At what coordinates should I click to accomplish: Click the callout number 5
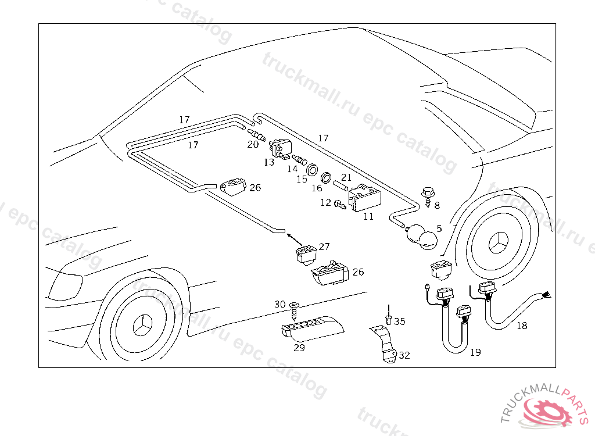pos(439,229)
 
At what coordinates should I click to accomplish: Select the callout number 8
pos(437,205)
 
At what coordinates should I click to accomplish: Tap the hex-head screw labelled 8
pos(427,192)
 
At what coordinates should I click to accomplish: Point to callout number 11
pos(368,217)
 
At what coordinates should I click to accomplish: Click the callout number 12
pos(325,203)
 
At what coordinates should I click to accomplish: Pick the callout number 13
pos(268,162)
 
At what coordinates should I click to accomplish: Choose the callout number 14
pos(293,169)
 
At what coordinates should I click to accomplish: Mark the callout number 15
pos(302,180)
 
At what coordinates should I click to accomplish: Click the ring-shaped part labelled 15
pos(313,169)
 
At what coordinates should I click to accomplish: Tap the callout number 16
pos(317,188)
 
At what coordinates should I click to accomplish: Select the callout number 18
pos(522,326)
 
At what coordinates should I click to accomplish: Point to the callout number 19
pos(475,352)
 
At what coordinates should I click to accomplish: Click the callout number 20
pos(253,145)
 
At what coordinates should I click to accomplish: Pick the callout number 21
pos(346,177)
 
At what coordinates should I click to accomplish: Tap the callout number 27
pos(324,246)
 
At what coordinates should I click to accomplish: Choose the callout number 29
pos(299,348)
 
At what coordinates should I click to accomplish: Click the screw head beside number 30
pos(293,305)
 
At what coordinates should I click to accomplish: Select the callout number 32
pos(404,355)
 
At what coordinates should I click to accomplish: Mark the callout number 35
pos(400,321)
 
